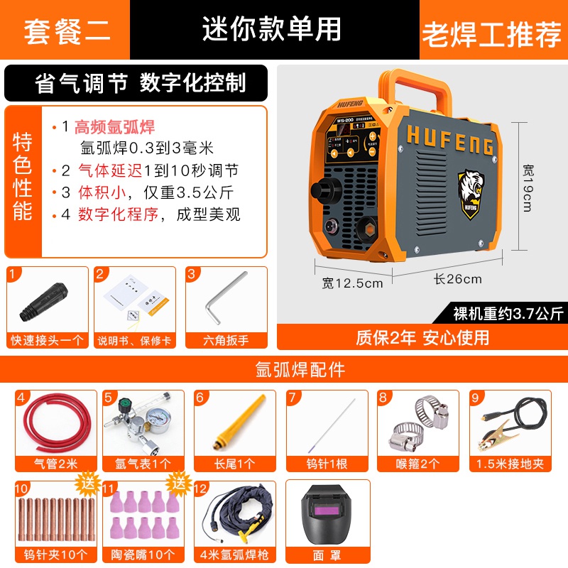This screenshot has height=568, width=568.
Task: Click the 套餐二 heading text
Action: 67,32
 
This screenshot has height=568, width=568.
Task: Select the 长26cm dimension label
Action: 457,279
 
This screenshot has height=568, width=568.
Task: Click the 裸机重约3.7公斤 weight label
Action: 508,313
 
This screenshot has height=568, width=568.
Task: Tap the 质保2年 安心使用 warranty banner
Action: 422,337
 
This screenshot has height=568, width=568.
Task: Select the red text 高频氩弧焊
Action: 114,128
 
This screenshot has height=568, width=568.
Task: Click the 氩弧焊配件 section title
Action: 284,369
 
